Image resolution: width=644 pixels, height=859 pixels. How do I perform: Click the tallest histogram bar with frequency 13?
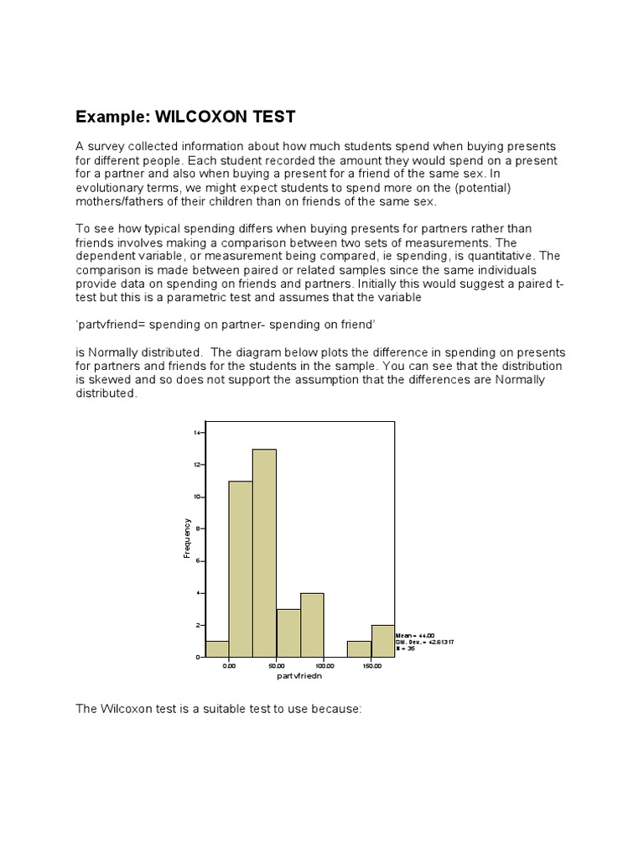tap(264, 554)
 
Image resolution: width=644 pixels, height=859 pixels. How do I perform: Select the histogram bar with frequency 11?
tap(241, 570)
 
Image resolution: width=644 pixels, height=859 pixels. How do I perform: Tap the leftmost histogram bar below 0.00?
tap(217, 649)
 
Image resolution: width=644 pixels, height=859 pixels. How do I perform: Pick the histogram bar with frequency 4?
tap(312, 625)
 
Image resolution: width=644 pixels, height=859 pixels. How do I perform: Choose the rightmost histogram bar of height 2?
tap(383, 641)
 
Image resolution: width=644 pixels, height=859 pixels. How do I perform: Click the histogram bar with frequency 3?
tap(288, 633)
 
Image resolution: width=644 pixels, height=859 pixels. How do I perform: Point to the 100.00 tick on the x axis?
tap(324, 666)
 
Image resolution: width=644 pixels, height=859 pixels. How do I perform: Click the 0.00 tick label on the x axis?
tap(229, 666)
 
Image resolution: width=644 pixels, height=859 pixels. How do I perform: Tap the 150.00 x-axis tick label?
tap(371, 666)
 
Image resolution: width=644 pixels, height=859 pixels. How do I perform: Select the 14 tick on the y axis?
tap(197, 433)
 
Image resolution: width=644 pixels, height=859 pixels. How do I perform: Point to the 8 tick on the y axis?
tap(199, 528)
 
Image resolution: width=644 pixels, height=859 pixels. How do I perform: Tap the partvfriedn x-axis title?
tap(299, 675)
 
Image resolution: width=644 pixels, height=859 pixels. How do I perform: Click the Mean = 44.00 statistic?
tap(411, 636)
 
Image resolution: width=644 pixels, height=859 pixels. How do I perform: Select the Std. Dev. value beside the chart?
tap(417, 643)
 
